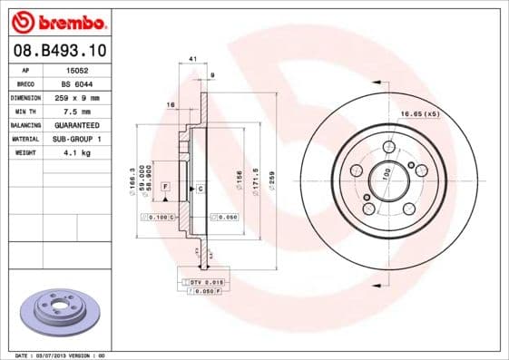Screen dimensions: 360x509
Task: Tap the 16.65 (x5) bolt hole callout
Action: click(420, 113)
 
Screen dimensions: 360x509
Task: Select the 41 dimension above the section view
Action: click(193, 60)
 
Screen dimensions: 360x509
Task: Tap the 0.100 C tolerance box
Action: click(158, 218)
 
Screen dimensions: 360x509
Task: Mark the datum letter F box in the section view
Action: click(166, 186)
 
